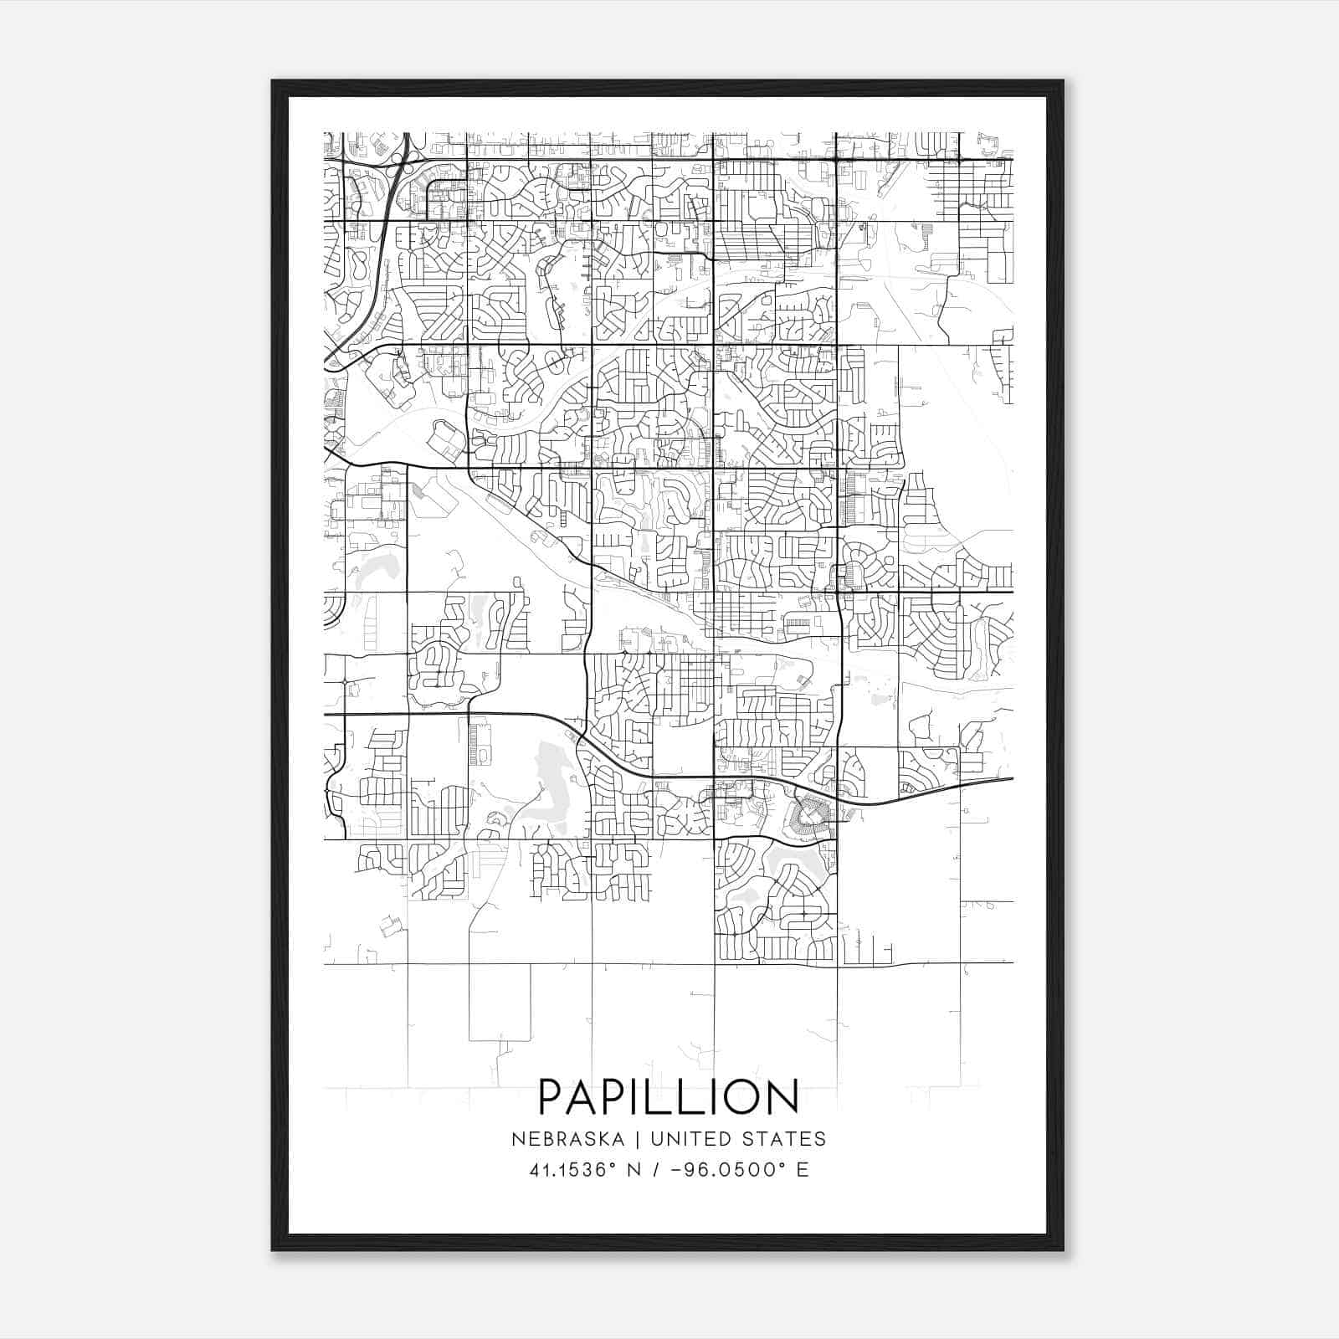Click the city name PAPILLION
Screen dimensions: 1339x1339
[668, 1097]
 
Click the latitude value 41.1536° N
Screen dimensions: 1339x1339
[585, 1170]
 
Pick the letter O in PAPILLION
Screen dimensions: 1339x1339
[741, 1097]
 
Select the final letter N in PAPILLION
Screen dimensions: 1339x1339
[784, 1097]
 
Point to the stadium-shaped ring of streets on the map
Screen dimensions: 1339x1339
[810, 811]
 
